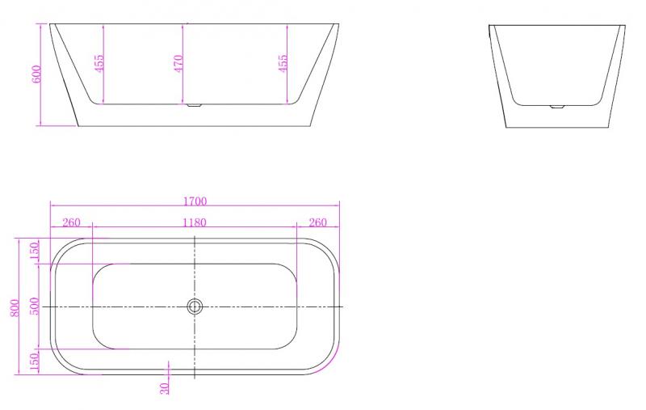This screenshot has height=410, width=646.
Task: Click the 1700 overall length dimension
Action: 195,201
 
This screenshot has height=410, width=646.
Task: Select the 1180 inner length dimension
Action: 195,222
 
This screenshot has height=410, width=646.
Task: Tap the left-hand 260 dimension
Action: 71,222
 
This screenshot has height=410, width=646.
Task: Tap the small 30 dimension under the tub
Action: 166,388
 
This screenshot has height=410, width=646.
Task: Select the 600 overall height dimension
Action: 36,74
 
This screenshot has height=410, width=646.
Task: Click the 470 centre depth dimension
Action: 179,63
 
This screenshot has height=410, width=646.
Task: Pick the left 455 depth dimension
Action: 99,63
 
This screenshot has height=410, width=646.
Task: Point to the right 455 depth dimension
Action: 283,63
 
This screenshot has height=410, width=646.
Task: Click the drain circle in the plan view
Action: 195,306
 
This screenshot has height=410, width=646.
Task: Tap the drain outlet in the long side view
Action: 195,105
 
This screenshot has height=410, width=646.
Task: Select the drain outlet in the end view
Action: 556,105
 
